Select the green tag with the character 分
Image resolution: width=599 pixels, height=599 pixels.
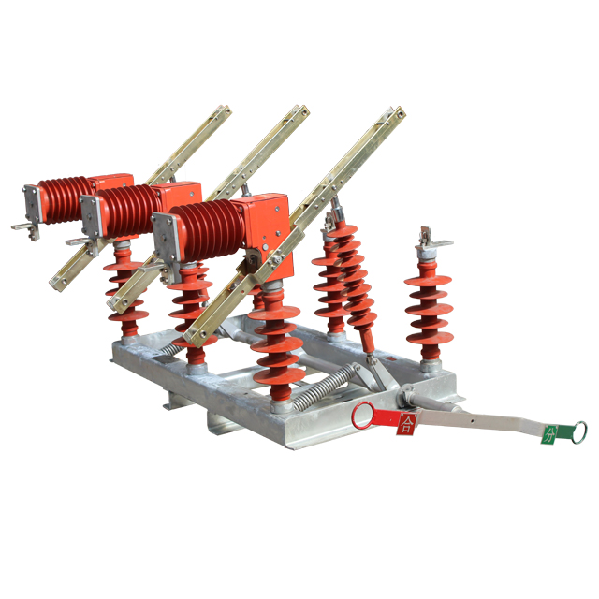click(549, 434)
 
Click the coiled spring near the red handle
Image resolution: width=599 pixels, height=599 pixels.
click(326, 387)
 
